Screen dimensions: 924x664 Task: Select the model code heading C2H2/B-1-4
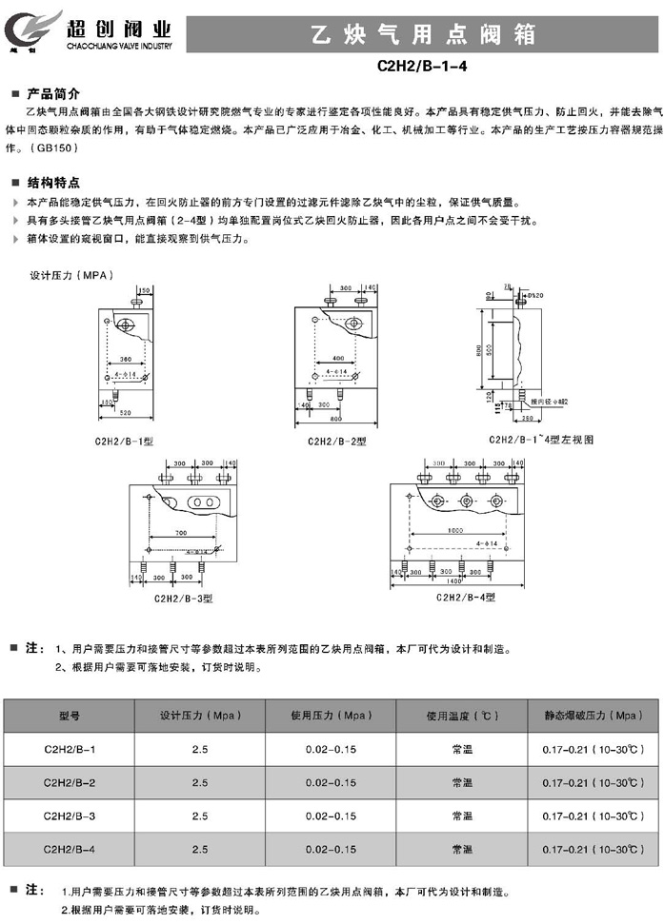coord(424,69)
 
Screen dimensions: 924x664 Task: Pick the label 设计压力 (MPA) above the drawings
coord(71,274)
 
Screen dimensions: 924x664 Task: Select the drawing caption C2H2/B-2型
coord(336,442)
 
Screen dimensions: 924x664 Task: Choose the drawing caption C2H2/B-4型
coord(466,597)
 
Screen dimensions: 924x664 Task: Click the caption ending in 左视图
coord(541,440)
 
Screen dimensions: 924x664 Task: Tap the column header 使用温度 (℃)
coord(462,715)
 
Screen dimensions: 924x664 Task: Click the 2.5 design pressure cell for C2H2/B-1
coord(200,749)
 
